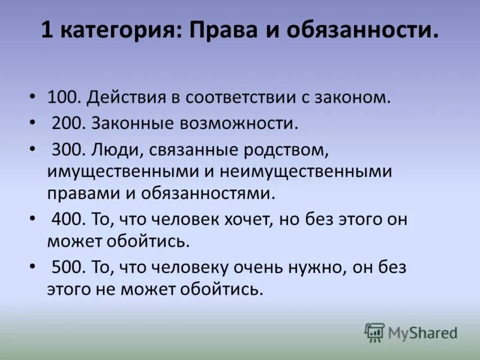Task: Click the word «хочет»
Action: click(246, 219)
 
